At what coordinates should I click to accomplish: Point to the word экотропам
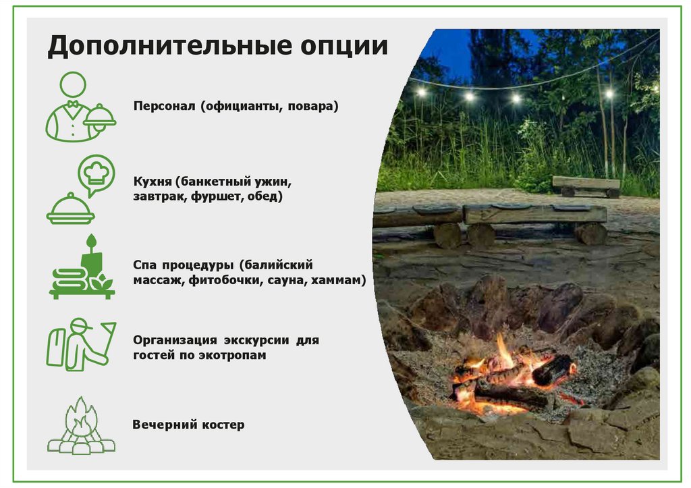pyautogui.click(x=233, y=355)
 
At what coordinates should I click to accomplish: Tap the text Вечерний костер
pyautogui.click(x=188, y=425)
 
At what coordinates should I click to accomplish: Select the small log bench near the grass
pyautogui.click(x=586, y=186)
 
